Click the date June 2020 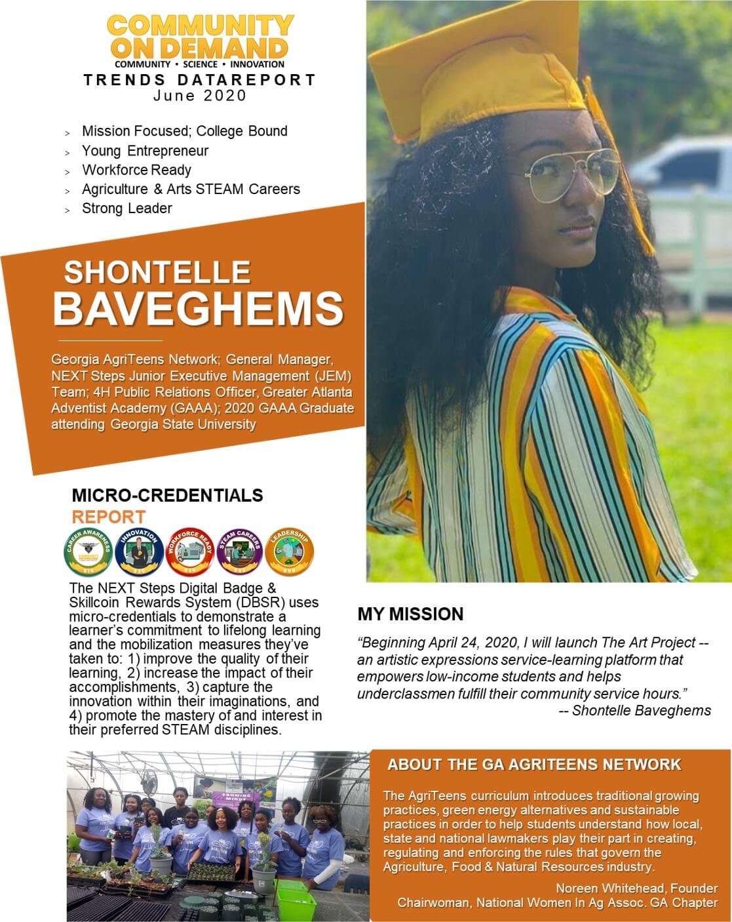(200, 96)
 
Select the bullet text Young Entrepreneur (145, 151)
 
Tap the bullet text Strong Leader (126, 209)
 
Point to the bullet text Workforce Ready (136, 170)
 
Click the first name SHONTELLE (157, 272)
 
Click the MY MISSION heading (410, 614)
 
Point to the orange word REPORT (108, 517)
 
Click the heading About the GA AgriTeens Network (534, 765)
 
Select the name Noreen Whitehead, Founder (636, 889)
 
